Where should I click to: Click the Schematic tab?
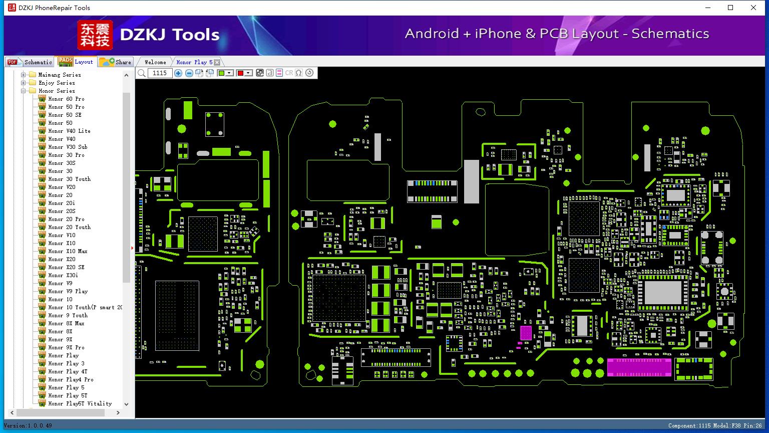pyautogui.click(x=30, y=62)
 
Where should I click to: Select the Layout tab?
pyautogui.click(x=76, y=62)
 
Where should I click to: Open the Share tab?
pyautogui.click(x=115, y=62)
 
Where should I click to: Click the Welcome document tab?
pyautogui.click(x=155, y=62)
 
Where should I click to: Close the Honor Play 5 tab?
pyautogui.click(x=217, y=62)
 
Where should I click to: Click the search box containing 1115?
pyautogui.click(x=160, y=73)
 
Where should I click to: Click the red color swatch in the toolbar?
pyautogui.click(x=240, y=73)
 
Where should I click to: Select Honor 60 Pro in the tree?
pyautogui.click(x=66, y=99)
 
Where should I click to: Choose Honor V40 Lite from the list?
pyautogui.click(x=70, y=131)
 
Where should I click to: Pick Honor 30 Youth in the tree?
pyautogui.click(x=70, y=179)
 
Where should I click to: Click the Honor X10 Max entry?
pyautogui.click(x=68, y=251)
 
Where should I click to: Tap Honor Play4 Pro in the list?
pyautogui.click(x=71, y=379)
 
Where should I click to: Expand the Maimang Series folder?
pyautogui.click(x=23, y=75)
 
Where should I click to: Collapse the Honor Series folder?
pyautogui.click(x=23, y=91)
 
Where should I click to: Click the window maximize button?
pyautogui.click(x=730, y=8)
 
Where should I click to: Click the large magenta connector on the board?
pyautogui.click(x=639, y=367)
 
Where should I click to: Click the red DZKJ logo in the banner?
pyautogui.click(x=95, y=35)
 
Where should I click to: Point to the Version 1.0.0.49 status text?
pyautogui.click(x=28, y=425)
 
